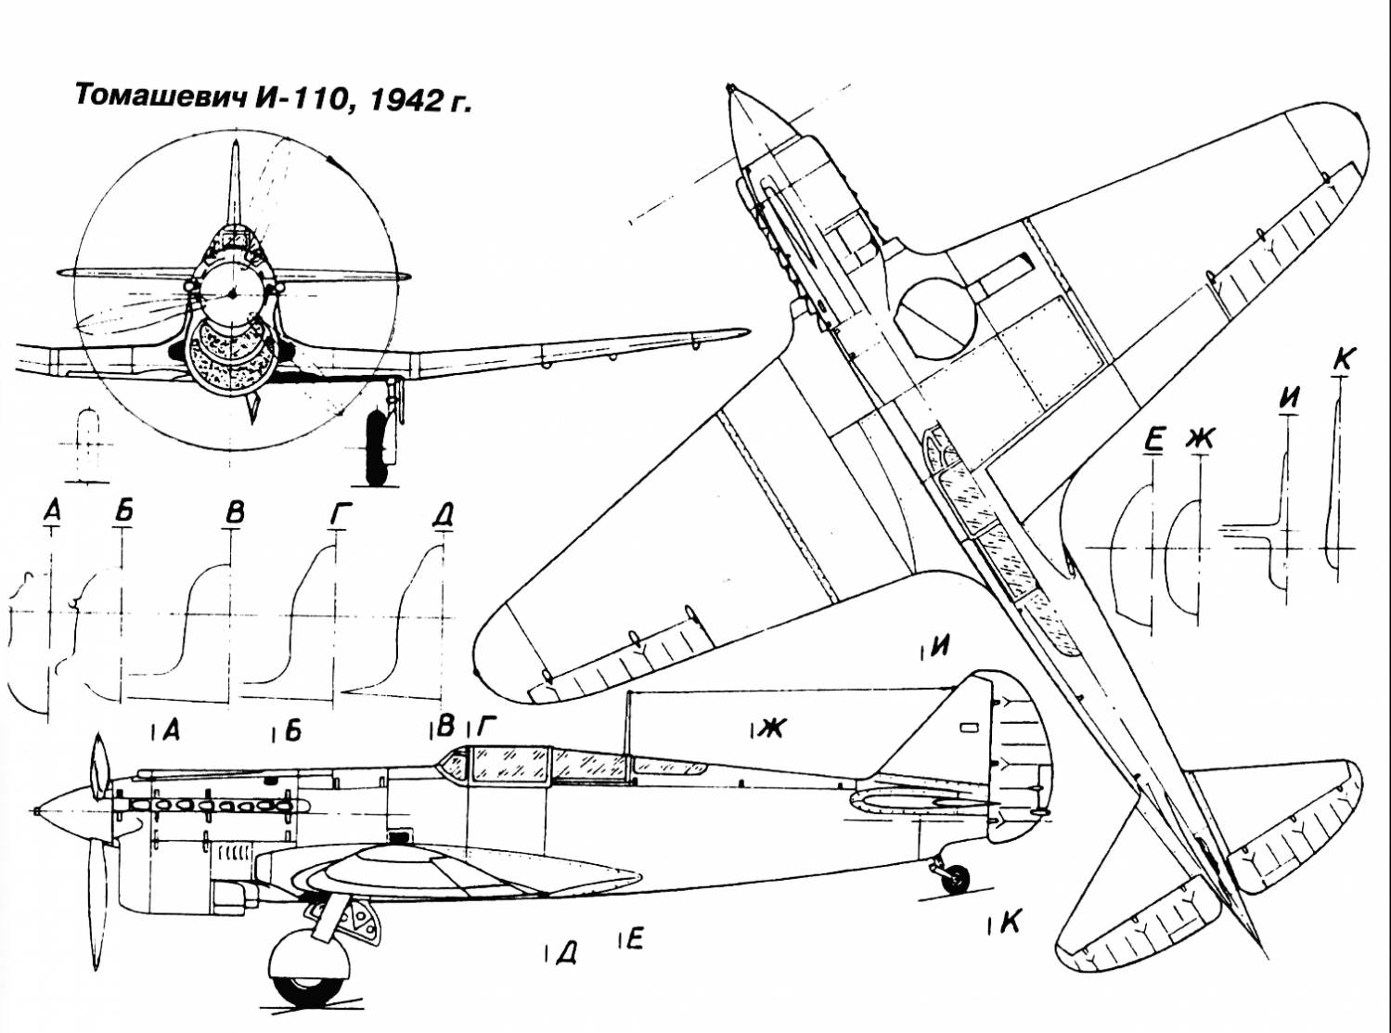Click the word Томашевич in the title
[x=159, y=97]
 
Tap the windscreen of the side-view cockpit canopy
[x=454, y=764]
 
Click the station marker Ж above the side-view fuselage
[x=769, y=729]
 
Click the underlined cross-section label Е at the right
[x=1153, y=439]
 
